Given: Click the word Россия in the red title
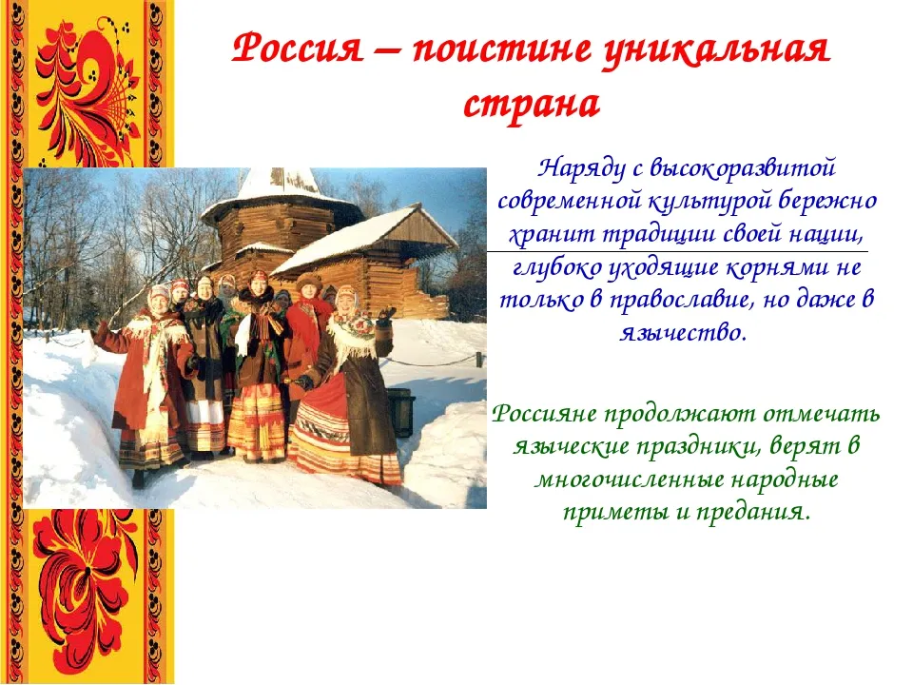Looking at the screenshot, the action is [297, 49].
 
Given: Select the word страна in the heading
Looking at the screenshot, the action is [532, 106].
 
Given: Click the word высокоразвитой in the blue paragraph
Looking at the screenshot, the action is [742, 168].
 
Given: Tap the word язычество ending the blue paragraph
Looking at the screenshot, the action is [683, 334].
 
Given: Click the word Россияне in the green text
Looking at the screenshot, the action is [544, 415].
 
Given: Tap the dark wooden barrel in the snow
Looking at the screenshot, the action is [401, 411].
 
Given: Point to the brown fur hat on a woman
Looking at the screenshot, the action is [308, 281].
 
